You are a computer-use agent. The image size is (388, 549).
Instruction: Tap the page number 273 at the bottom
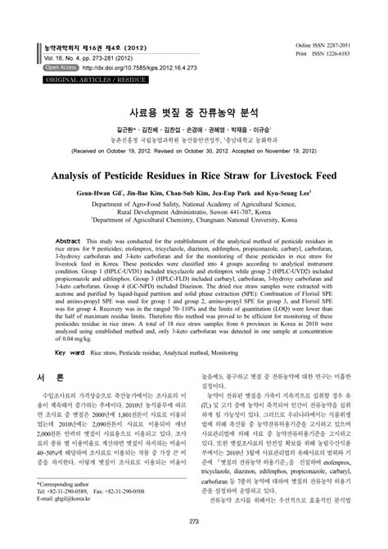pyautogui.click(x=193, y=521)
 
